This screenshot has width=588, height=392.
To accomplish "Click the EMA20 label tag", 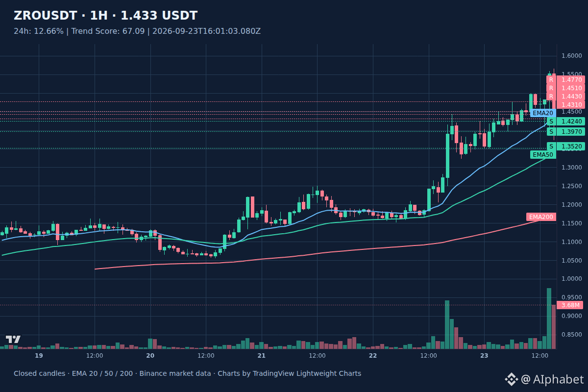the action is (x=543, y=113).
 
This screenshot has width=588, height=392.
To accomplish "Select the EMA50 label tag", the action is (x=543, y=155).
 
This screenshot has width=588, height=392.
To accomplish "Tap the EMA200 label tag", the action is (x=541, y=217).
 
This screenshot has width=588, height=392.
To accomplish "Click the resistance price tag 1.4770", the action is (x=566, y=80).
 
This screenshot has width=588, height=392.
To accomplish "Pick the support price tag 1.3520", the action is (x=566, y=146).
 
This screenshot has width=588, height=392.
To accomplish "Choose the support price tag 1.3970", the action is (x=566, y=131).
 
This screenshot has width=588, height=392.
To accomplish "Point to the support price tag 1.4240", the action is (x=566, y=122).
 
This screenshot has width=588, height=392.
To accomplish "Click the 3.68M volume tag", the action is (x=570, y=305).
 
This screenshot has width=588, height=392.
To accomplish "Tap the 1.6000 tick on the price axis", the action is (x=572, y=56).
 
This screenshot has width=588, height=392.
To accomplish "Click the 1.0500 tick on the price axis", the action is (x=572, y=261).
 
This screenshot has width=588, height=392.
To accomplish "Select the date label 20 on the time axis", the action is (x=150, y=356).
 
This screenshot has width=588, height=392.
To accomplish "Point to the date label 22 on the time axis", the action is (x=373, y=356).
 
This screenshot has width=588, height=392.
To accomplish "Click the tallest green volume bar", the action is (x=549, y=318).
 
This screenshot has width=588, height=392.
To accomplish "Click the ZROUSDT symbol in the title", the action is (x=45, y=16).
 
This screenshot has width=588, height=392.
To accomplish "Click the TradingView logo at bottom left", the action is (x=13, y=339).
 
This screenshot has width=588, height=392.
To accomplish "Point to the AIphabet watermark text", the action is (x=558, y=379).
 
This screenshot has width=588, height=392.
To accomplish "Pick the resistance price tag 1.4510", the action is (x=566, y=88).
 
